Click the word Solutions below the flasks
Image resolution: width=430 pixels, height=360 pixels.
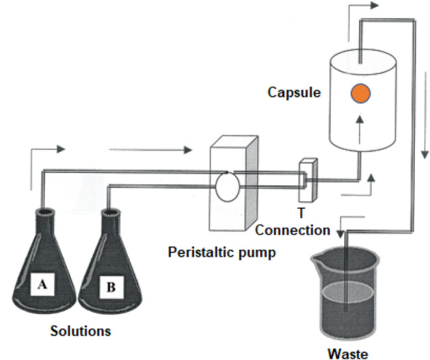pyautogui.click(x=81, y=332)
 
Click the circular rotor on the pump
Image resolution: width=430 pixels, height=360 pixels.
pyautogui.click(x=226, y=185)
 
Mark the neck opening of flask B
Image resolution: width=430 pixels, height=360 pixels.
pyautogui.click(x=107, y=211)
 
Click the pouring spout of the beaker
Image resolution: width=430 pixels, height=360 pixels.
pyautogui.click(x=315, y=259)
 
